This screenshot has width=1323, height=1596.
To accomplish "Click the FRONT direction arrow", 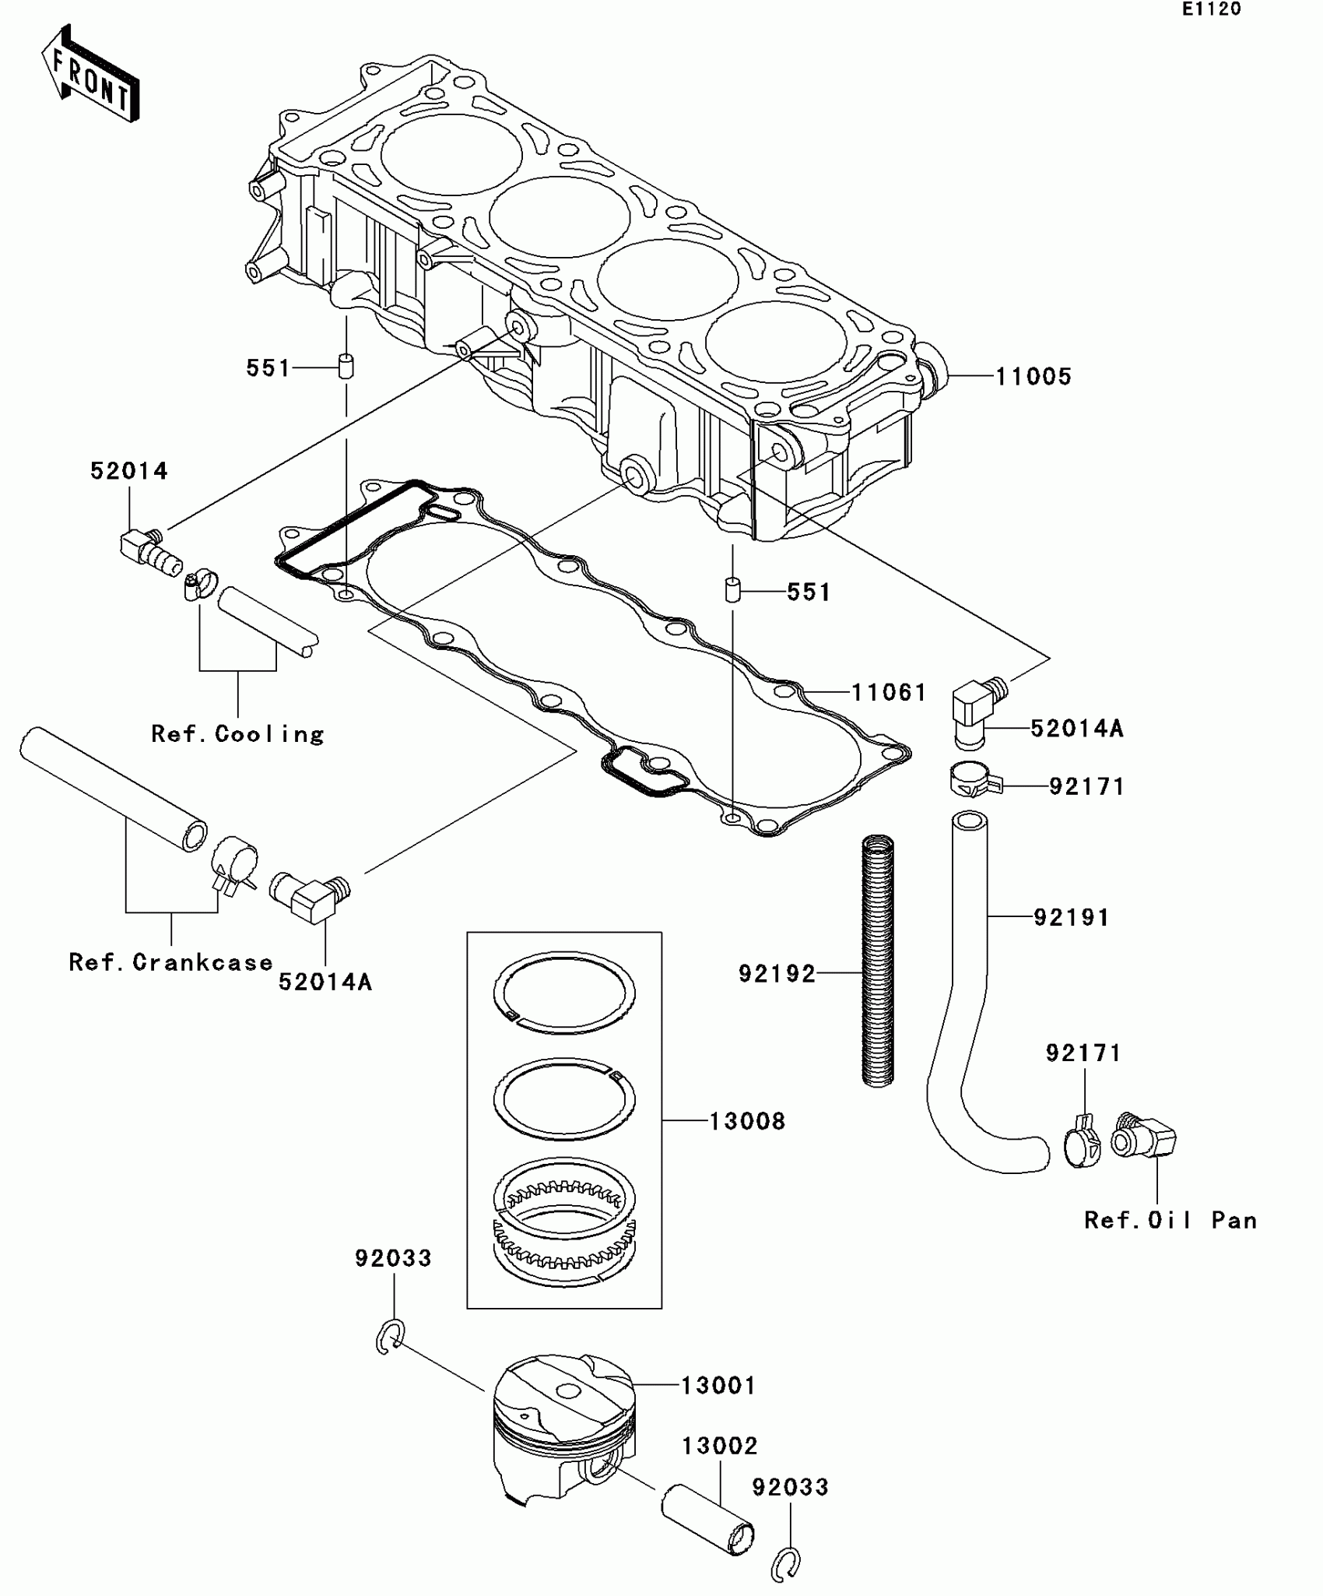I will point(90,75).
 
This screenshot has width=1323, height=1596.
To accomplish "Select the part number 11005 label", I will point(1033,377).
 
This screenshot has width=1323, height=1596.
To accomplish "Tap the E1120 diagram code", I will point(1212,9).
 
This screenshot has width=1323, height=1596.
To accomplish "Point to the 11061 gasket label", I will point(889,692).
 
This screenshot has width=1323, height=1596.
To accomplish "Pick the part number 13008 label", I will point(747,1121).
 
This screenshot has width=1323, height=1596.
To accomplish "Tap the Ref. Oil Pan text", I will point(1170,1220).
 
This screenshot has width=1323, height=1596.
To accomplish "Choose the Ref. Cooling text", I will point(237,734).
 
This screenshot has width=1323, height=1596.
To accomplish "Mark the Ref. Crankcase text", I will point(170,962).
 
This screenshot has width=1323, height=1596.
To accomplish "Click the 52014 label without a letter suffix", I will point(129,471).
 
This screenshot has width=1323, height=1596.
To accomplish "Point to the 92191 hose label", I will point(1071,917).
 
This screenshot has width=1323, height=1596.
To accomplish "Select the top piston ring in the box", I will point(564,993).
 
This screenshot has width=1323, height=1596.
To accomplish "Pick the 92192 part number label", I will point(777,973).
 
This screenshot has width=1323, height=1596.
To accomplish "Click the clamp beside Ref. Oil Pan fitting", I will point(1082,1144).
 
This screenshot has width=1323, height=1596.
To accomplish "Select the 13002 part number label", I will point(720,1446).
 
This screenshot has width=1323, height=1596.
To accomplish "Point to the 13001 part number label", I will point(718,1386).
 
